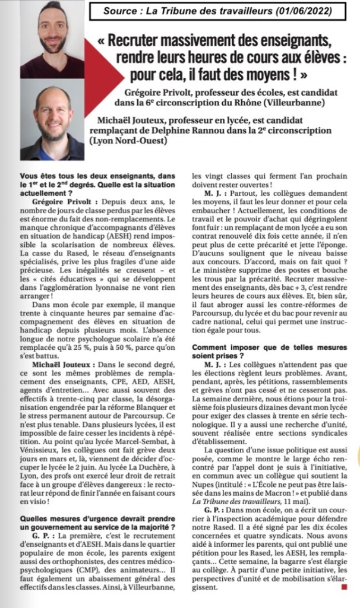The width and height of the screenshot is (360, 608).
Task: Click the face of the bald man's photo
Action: click(x=52, y=115)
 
